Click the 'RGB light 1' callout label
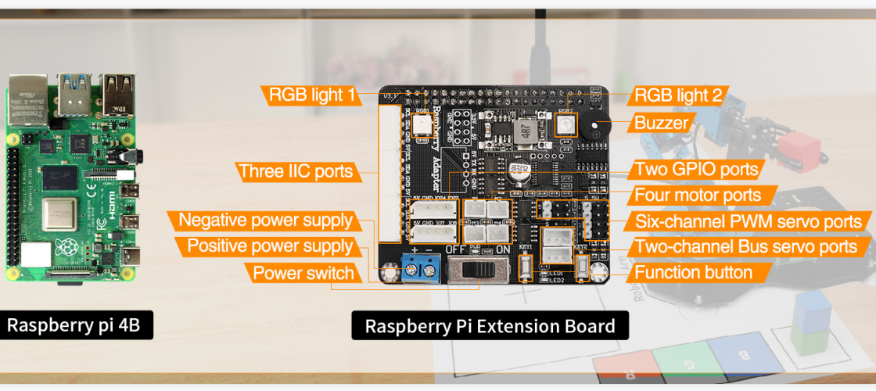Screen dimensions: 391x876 [311, 95]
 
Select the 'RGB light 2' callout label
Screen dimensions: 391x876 [678, 95]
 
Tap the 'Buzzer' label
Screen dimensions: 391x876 [661, 123]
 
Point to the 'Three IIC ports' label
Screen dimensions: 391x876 [296, 171]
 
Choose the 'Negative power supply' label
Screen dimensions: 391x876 [265, 221]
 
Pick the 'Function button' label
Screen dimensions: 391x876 [693, 273]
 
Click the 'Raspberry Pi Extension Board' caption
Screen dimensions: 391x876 [490, 325]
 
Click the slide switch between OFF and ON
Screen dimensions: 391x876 [472, 271]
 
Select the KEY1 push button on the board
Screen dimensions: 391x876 [527, 269]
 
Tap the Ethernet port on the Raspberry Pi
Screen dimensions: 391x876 [27, 95]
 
